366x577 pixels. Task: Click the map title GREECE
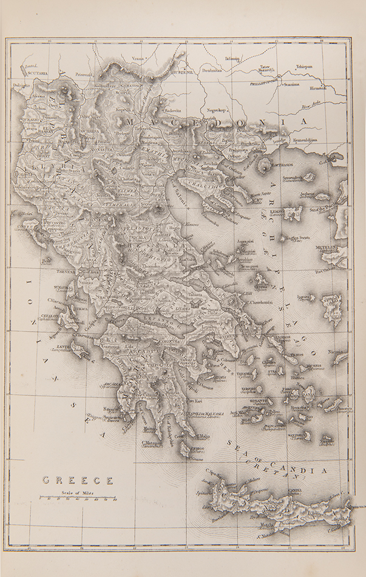[x=77, y=480]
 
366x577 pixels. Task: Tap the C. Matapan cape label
[x=151, y=445]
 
